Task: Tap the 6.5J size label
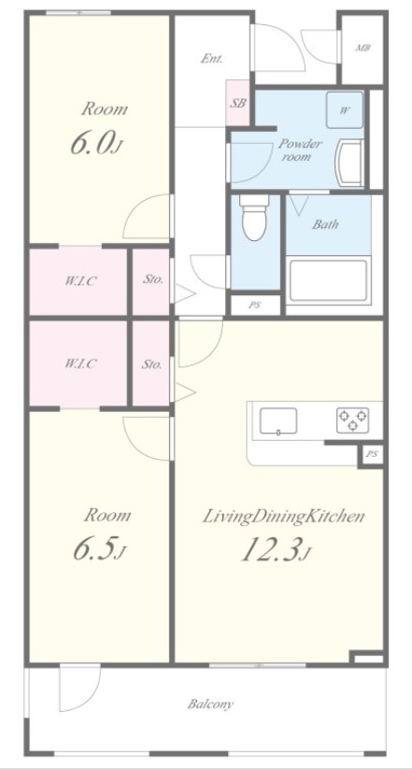click(99, 550)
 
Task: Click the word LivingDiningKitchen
click(284, 515)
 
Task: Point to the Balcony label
click(209, 704)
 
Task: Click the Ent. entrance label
click(211, 58)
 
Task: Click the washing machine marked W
click(345, 110)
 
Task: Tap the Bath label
click(325, 224)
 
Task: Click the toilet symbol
click(253, 218)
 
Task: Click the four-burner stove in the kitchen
click(351, 419)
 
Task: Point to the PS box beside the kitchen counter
click(372, 455)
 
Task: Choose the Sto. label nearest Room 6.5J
click(151, 364)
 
